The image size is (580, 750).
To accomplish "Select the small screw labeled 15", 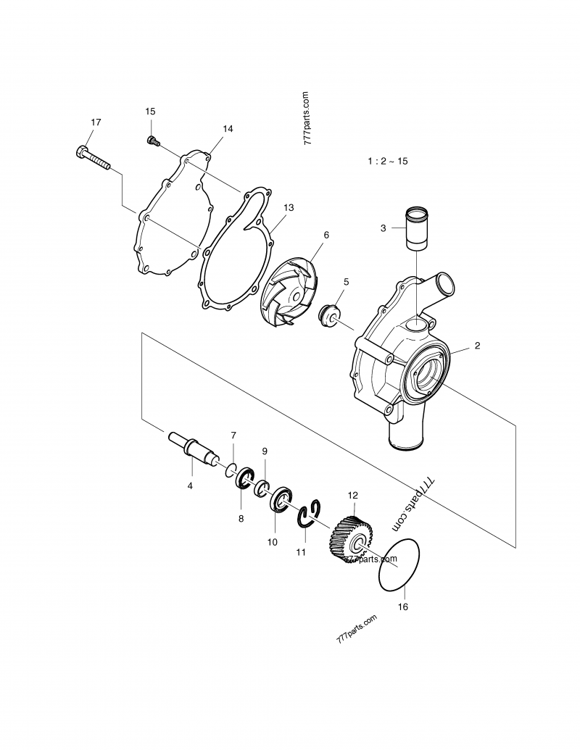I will click(152, 140).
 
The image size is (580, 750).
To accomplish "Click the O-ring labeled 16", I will click(400, 565).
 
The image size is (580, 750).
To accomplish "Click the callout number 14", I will click(228, 129).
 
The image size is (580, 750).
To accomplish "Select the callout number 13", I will click(289, 207).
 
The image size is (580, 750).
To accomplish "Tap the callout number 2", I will click(477, 346).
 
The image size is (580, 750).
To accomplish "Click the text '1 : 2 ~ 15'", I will click(387, 162).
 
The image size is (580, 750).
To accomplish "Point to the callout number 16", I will click(403, 606).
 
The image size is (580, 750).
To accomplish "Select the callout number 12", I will click(353, 496).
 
